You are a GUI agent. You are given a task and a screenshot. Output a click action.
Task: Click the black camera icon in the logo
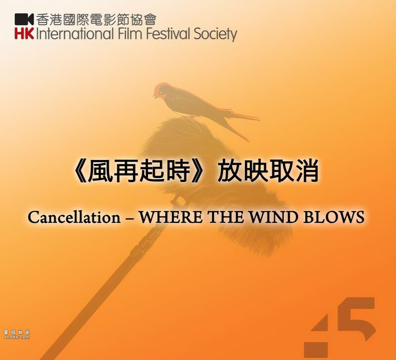24,19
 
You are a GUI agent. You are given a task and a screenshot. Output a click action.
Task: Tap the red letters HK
24,34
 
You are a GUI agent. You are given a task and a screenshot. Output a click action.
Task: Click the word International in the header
75,34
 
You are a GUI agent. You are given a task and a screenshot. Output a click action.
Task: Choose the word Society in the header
215,34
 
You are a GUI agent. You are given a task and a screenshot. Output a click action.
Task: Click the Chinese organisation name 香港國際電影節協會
96,19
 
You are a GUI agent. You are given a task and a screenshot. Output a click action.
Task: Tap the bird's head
161,90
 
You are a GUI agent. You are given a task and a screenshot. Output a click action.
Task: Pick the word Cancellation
74,217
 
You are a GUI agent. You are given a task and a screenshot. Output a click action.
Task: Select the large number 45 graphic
340,327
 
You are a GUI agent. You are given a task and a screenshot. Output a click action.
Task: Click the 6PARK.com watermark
17,334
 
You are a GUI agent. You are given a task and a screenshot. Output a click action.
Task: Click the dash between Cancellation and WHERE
130,218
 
